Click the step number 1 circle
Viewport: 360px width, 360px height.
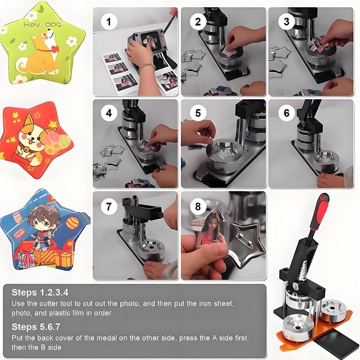[109, 22]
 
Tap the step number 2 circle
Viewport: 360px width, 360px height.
[198, 22]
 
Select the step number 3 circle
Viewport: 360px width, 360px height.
[286, 22]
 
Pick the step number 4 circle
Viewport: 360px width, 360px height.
[109, 113]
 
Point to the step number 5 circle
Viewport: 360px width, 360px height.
[198, 113]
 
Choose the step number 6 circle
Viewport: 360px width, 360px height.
[286, 113]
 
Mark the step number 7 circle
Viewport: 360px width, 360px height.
[109, 207]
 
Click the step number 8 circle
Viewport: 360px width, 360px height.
[198, 207]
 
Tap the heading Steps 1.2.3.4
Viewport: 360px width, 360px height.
[40, 292]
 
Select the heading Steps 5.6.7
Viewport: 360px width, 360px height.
[36, 327]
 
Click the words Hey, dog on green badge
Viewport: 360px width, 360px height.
[42, 25]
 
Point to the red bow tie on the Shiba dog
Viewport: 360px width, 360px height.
[55, 49]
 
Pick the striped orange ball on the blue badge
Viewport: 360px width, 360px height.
[72, 222]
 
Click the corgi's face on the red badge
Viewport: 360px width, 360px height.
[32, 136]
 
